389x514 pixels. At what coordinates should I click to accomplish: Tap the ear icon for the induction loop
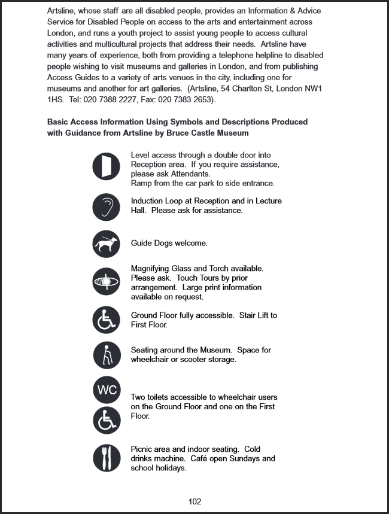click(107, 207)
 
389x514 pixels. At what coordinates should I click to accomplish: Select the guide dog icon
click(107, 244)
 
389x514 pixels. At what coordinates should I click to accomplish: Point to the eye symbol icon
click(107, 281)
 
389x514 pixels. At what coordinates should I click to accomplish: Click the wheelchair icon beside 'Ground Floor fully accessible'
click(107, 320)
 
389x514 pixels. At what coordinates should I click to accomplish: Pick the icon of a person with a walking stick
click(107, 355)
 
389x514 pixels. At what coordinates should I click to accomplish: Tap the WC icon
click(107, 390)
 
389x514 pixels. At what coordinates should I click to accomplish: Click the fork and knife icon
click(107, 458)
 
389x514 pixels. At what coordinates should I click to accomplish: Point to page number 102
click(194, 501)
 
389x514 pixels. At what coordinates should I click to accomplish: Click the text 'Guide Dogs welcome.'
click(169, 244)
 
